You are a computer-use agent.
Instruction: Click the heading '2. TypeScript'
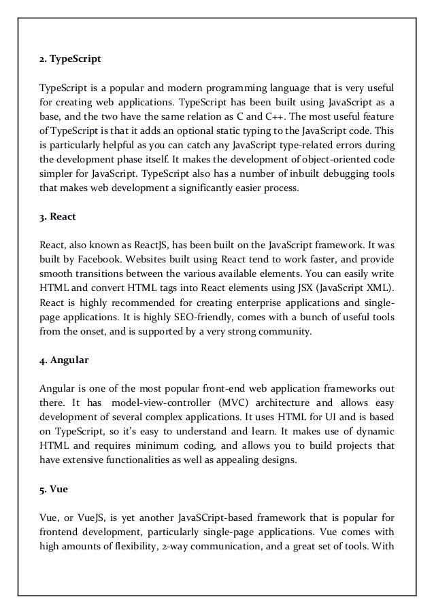(x=69, y=59)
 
